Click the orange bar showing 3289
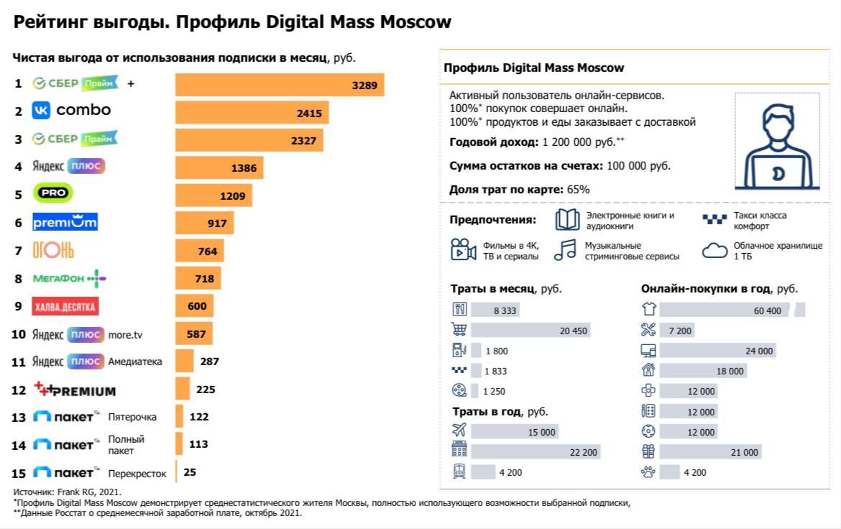pyautogui.click(x=280, y=84)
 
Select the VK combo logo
pyautogui.click(x=72, y=111)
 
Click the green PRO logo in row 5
pyautogui.click(x=53, y=194)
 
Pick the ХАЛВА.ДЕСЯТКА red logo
pyautogui.click(x=65, y=307)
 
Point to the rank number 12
pyautogui.click(x=19, y=390)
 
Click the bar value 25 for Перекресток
pyautogui.click(x=190, y=472)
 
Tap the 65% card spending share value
pyautogui.click(x=578, y=190)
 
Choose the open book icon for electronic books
pyautogui.click(x=568, y=219)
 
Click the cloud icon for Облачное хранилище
pyautogui.click(x=715, y=250)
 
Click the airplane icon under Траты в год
pyautogui.click(x=459, y=431)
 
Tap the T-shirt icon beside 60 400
pyautogui.click(x=648, y=310)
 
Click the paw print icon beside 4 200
pyautogui.click(x=648, y=472)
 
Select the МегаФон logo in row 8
pyautogui.click(x=70, y=278)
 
